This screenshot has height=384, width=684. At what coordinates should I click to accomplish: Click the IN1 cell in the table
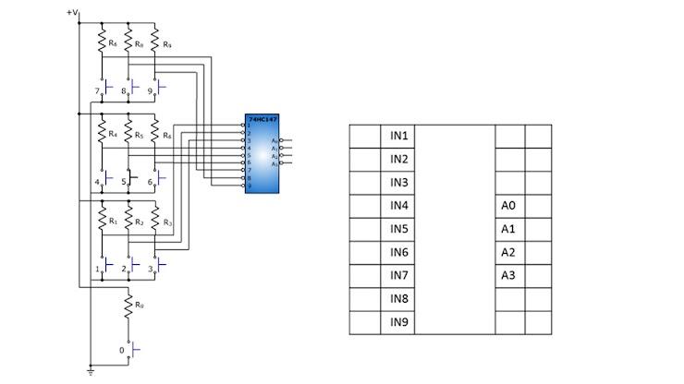[398, 136]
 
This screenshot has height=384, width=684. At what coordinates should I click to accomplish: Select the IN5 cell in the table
[398, 229]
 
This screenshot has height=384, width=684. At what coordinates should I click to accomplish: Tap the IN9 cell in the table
[398, 322]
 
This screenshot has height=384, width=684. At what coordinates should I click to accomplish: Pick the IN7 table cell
[398, 276]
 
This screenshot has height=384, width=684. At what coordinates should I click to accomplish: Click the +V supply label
[73, 13]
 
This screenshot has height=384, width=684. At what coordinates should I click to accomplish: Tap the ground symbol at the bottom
[90, 371]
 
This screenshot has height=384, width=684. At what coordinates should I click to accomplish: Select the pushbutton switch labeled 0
[135, 351]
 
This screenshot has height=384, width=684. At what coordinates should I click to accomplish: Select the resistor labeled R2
[128, 222]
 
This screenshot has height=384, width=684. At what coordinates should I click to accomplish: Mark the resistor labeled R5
[128, 134]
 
